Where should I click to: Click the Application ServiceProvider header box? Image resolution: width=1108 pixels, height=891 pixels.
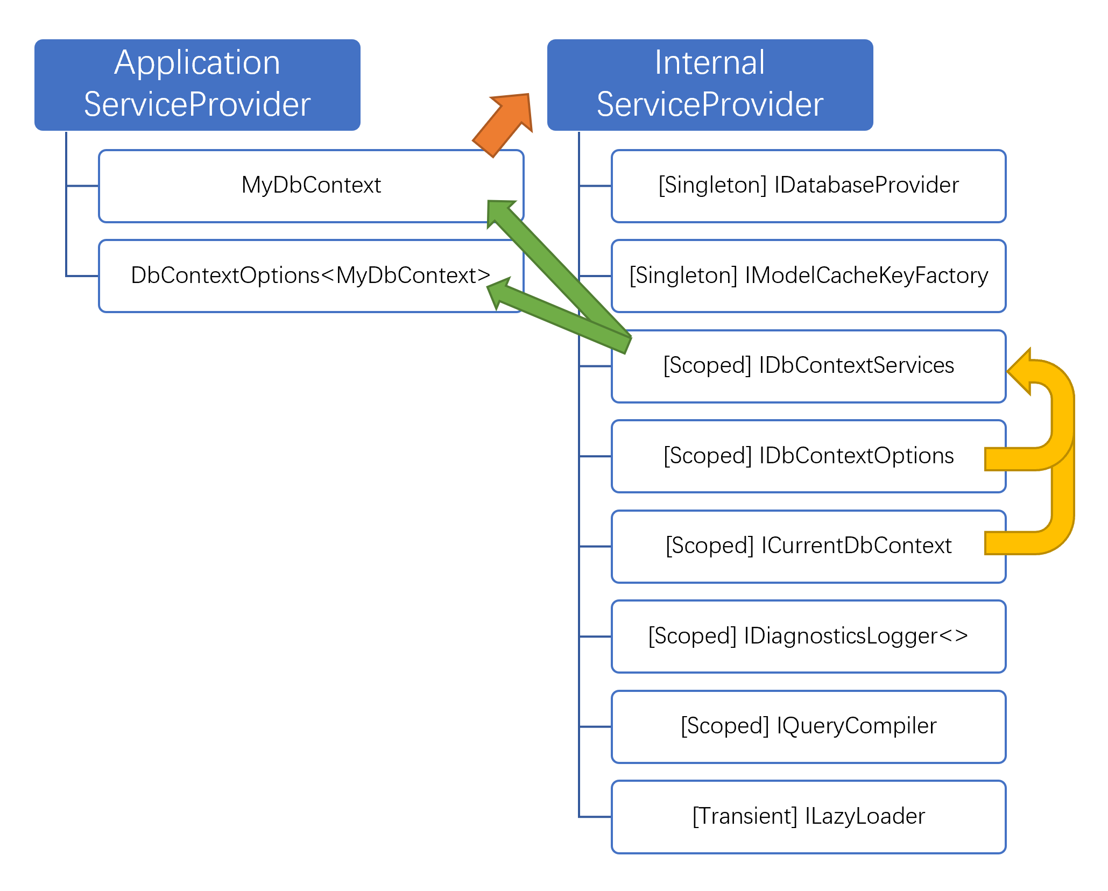pyautogui.click(x=197, y=84)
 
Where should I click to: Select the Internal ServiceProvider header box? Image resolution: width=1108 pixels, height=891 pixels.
pyautogui.click(x=710, y=84)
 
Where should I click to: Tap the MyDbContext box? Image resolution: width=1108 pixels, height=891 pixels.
pyautogui.click(x=311, y=186)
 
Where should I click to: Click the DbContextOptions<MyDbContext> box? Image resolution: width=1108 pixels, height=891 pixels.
pyautogui.click(x=311, y=275)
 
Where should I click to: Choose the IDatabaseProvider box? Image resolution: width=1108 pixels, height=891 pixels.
pyautogui.click(x=808, y=186)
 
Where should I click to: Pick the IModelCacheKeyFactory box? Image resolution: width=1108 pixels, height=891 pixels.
pyautogui.click(x=808, y=275)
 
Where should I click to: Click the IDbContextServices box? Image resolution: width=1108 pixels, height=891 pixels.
pyautogui.click(x=808, y=366)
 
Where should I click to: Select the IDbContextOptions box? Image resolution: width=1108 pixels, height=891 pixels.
pyautogui.click(x=808, y=456)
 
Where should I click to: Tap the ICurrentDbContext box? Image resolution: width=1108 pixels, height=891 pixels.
pyautogui.click(x=808, y=546)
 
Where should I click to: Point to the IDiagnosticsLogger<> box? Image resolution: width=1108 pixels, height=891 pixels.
pyautogui.click(x=808, y=636)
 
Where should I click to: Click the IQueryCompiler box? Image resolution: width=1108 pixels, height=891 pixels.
pyautogui.click(x=808, y=726)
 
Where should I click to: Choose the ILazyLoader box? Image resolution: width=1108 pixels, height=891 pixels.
pyautogui.click(x=808, y=816)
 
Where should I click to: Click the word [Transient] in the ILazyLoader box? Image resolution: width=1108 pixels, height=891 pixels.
pyautogui.click(x=745, y=816)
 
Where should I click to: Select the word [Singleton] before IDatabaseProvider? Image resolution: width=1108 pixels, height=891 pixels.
pyautogui.click(x=713, y=186)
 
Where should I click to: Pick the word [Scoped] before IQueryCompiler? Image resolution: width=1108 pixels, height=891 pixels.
pyautogui.click(x=725, y=726)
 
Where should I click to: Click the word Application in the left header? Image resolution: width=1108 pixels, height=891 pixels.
pyautogui.click(x=197, y=63)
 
